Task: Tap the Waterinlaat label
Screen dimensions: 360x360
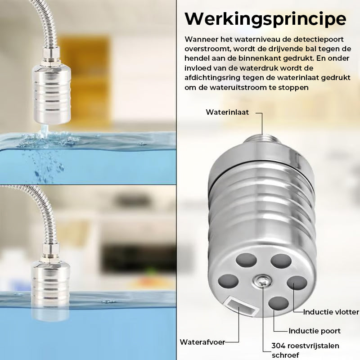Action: [227, 112]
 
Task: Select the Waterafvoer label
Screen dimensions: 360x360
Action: [202, 342]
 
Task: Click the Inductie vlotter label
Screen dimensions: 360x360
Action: [331, 312]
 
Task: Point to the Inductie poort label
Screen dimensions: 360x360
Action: [315, 331]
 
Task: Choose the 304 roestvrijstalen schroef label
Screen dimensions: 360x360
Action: [305, 350]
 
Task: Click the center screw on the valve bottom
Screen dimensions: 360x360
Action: [262, 281]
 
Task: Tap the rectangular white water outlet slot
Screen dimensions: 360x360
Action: [240, 306]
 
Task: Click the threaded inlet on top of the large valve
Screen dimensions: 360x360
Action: [262, 139]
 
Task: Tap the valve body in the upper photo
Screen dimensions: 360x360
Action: [51, 94]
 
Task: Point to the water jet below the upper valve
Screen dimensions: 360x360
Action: [44, 131]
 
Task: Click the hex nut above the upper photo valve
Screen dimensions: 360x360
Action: [51, 54]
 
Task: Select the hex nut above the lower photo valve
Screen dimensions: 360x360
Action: [50, 251]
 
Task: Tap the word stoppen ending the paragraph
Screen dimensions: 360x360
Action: [293, 87]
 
